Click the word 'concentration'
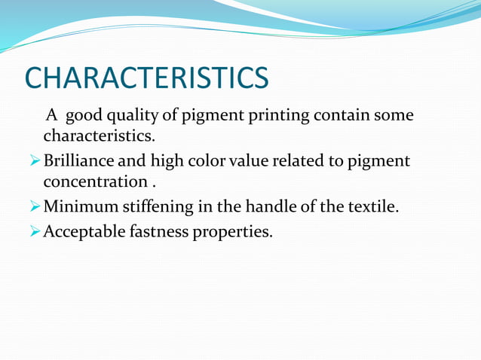pyautogui.click(x=95, y=182)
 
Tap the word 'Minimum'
pyautogui.click(x=75, y=206)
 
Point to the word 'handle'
pyautogui.click(x=257, y=206)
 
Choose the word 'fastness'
pyautogui.click(x=158, y=231)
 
